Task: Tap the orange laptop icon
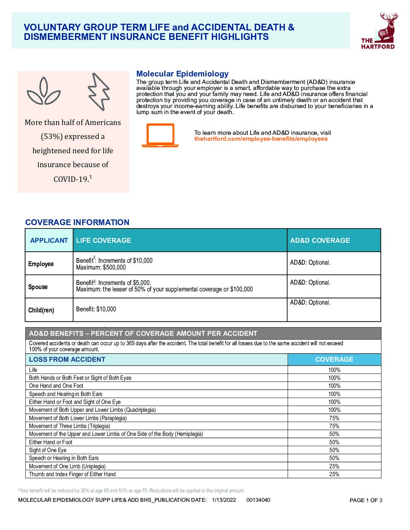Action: [x=160, y=135]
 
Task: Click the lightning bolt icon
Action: [x=98, y=91]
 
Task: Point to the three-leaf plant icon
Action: [x=44, y=91]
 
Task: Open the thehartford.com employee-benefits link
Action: [x=261, y=139]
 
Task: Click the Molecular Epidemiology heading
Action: [x=182, y=74]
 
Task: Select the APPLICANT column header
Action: [x=49, y=241]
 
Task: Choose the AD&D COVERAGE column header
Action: [x=320, y=241]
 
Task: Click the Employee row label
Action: [x=41, y=264]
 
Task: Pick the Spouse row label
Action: [x=38, y=287]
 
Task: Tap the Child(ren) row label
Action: [x=41, y=310]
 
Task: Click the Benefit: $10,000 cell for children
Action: [x=96, y=309]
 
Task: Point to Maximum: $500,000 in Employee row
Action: [x=101, y=268]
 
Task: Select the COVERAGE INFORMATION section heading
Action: [x=77, y=222]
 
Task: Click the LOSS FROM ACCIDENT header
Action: [x=67, y=359]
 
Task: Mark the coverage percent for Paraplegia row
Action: [x=334, y=418]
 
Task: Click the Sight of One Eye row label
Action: [x=48, y=450]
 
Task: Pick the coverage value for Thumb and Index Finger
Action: [x=334, y=474]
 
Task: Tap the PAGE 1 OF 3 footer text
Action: [x=366, y=500]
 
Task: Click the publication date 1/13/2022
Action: [x=224, y=500]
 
